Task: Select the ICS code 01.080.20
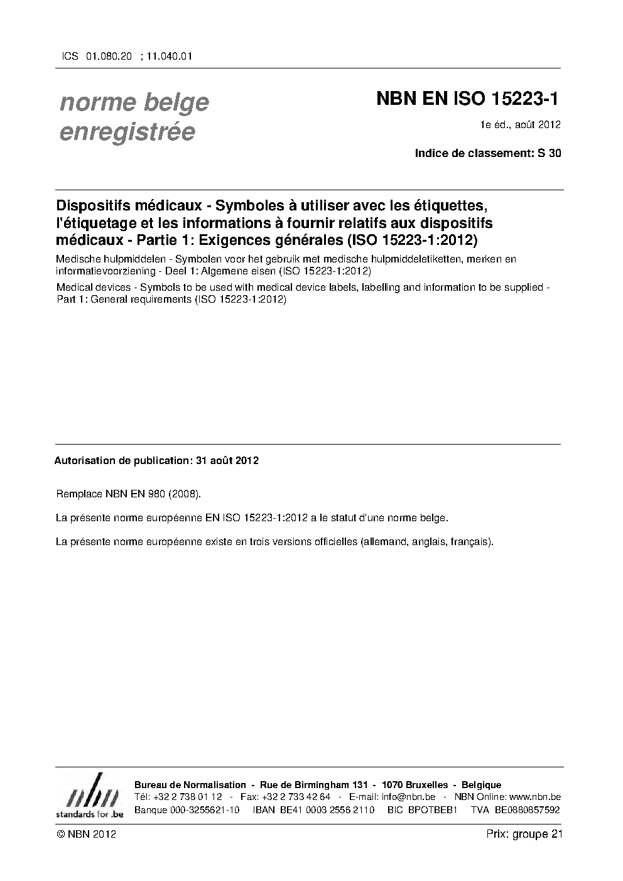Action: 108,56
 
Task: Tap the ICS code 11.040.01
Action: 168,56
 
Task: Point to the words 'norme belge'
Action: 134,102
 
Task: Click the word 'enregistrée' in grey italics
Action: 127,132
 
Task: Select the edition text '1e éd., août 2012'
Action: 520,124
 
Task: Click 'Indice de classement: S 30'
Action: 488,153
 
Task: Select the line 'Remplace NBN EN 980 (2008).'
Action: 129,494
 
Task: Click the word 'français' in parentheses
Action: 470,541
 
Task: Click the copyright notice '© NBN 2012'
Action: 86,835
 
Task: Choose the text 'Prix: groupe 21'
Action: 524,835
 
